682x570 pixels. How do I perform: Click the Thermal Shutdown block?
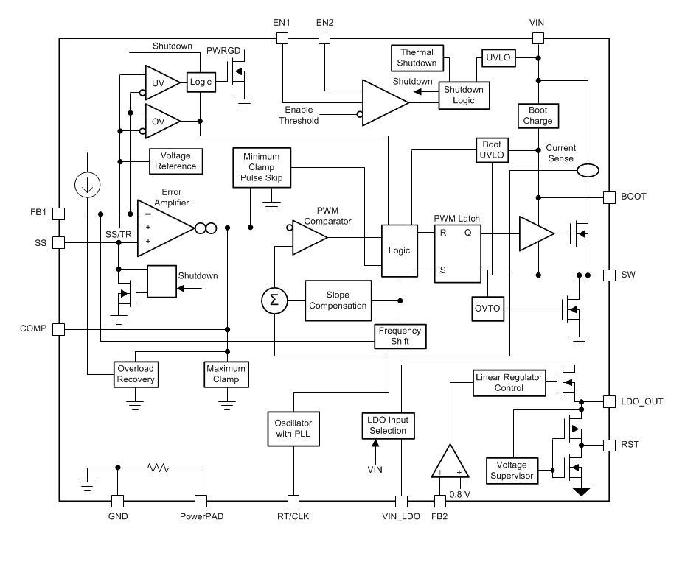(x=418, y=57)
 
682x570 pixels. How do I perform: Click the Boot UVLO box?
(x=492, y=150)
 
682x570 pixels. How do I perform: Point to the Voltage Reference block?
(x=175, y=161)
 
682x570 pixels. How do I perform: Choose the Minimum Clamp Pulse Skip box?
(x=262, y=166)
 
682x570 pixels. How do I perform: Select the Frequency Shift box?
(x=400, y=337)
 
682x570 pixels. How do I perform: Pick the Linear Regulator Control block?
(x=508, y=383)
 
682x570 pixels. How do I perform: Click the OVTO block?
(x=487, y=309)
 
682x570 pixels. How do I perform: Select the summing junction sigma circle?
(x=274, y=300)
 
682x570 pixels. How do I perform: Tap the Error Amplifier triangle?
(x=162, y=228)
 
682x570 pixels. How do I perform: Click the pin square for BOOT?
(x=609, y=197)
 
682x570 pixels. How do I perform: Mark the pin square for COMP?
(x=59, y=329)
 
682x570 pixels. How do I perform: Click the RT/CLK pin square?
(x=293, y=502)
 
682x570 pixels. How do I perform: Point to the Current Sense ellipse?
(x=588, y=171)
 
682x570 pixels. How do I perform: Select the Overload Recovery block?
(x=135, y=374)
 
